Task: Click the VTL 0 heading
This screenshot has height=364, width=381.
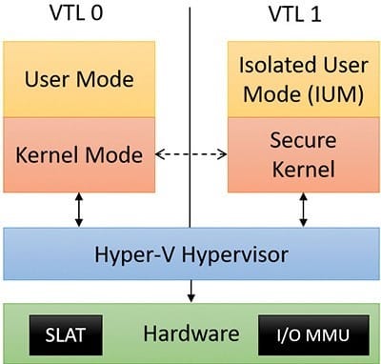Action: click(76, 13)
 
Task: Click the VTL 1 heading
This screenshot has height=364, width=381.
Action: click(295, 14)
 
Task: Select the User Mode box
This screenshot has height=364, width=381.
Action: click(79, 79)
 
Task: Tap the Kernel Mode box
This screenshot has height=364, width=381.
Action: click(79, 154)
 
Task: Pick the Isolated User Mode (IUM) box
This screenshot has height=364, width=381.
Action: click(304, 79)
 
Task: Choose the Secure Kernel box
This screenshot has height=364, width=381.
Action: click(304, 154)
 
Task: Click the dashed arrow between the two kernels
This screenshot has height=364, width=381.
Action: click(191, 154)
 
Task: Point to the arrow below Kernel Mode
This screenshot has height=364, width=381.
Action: click(79, 210)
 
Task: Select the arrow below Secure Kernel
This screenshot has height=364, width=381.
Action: click(304, 210)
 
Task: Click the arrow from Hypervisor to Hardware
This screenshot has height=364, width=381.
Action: click(190, 291)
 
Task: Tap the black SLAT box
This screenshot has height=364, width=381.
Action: click(66, 335)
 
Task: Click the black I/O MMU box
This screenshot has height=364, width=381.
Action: click(313, 335)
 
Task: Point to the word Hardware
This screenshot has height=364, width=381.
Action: click(191, 334)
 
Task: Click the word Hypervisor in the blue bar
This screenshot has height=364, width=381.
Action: click(235, 255)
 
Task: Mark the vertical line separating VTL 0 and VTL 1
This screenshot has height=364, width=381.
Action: click(190, 117)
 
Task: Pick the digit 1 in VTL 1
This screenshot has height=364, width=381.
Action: click(315, 14)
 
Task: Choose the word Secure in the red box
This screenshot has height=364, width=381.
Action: click(303, 140)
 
